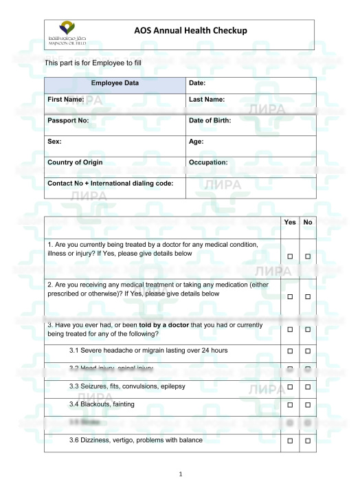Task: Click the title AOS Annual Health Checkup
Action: (190, 31)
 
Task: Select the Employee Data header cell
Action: (115, 83)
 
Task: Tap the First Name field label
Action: (66, 100)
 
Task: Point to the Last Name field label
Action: (207, 100)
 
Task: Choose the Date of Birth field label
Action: (210, 121)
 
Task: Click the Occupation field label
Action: (208, 163)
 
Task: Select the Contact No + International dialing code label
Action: (110, 184)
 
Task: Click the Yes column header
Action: (290, 223)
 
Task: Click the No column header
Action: (308, 223)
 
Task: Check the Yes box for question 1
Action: (290, 256)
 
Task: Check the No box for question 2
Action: (308, 296)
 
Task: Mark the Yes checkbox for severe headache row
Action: (290, 351)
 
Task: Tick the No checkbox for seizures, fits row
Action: (308, 387)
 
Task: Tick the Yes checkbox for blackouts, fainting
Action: (290, 405)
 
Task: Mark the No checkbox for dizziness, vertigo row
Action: (308, 440)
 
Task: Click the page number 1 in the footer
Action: (180, 474)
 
